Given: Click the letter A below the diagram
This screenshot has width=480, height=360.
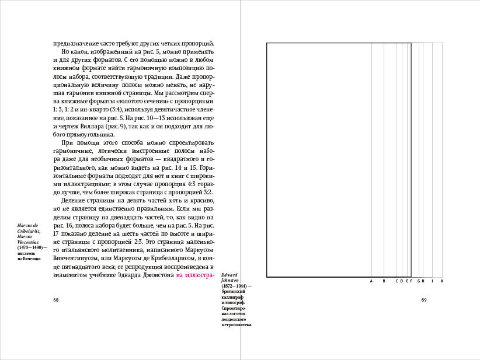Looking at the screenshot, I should point(371,281).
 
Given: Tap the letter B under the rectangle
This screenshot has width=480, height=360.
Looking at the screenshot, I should point(384,281).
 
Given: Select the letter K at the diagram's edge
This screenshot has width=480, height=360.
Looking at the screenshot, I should point(442,281).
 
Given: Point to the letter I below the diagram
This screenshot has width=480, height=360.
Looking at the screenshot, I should point(432,281).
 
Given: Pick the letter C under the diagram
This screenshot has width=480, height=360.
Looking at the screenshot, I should point(396,281).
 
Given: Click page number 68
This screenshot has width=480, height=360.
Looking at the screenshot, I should point(55,300).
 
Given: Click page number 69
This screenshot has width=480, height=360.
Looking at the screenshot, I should point(425,300).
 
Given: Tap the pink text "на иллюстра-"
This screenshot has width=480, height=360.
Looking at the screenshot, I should point(195,275).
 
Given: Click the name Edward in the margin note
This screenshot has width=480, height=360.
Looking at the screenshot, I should point(229,274).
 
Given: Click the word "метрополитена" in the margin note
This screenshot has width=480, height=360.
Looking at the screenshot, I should point(236,325).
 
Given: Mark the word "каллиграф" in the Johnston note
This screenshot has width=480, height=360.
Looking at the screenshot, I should point(232,297).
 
